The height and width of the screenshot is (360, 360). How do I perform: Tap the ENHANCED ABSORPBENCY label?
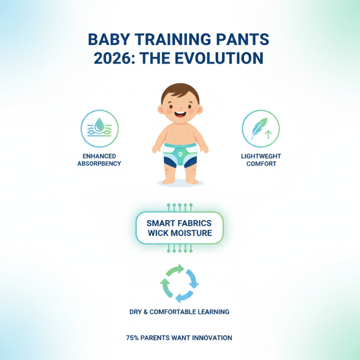(x=99, y=160)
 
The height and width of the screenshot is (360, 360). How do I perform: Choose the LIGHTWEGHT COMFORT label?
(x=261, y=160)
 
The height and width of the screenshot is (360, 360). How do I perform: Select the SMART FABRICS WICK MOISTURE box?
(x=180, y=228)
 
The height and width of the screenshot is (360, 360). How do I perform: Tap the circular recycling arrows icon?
(x=180, y=283)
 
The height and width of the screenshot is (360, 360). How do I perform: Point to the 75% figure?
(x=132, y=337)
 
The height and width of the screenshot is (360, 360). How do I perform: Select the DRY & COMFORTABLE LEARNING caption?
(x=180, y=311)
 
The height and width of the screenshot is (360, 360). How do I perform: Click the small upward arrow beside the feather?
(x=269, y=133)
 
